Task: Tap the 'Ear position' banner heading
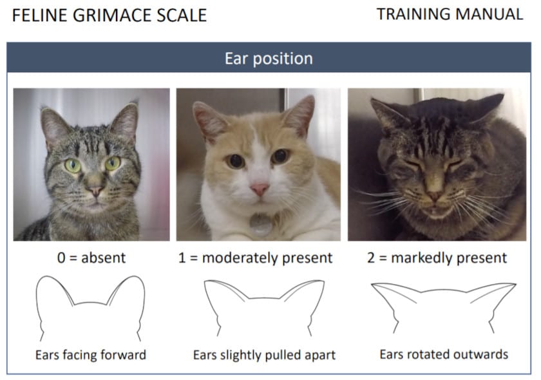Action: [269, 59]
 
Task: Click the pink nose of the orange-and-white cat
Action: [260, 189]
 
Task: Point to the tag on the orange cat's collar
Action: [261, 223]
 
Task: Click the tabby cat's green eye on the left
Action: [73, 165]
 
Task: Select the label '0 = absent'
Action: [90, 258]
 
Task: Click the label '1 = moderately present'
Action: [255, 258]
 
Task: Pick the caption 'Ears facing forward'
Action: [91, 355]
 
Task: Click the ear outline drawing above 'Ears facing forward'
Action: [90, 307]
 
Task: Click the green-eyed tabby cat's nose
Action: [95, 191]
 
